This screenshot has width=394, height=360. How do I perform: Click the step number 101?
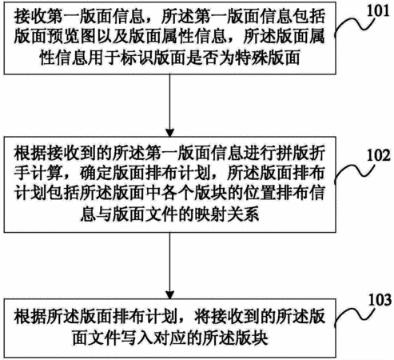point(378,11)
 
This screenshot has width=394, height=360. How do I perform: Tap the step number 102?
point(379,155)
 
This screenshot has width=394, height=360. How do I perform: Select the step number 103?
point(380,300)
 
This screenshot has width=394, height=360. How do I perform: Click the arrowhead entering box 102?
point(169,133)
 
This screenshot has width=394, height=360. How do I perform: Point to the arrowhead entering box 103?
point(169,294)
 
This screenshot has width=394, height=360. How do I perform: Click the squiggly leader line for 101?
point(353,25)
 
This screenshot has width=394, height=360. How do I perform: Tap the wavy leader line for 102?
point(353,170)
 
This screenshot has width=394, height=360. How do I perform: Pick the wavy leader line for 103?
point(353,314)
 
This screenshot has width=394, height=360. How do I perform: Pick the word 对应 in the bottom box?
point(169,338)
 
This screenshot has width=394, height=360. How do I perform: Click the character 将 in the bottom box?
point(202,318)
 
